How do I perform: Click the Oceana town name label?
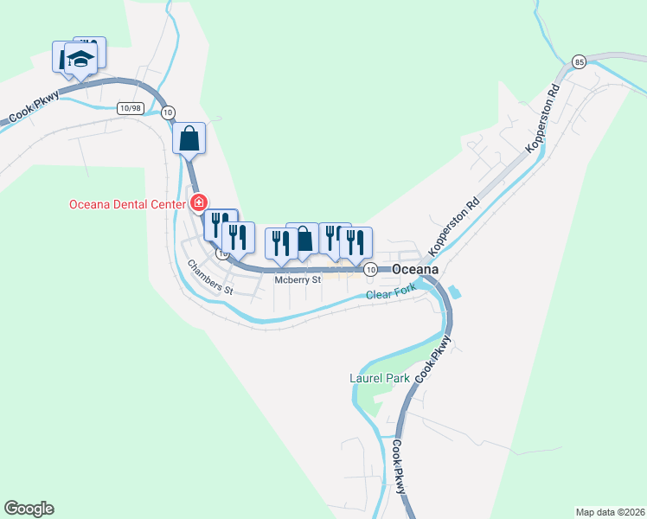click(x=415, y=270)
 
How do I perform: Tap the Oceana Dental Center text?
click(x=127, y=205)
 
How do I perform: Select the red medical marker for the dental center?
click(x=198, y=203)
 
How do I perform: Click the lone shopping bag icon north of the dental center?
click(x=189, y=138)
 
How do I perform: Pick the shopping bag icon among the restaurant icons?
click(x=304, y=239)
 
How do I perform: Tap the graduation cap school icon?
click(x=80, y=59)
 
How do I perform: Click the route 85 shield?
click(x=580, y=61)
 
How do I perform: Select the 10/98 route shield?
click(x=130, y=108)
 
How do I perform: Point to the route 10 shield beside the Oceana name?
click(x=370, y=270)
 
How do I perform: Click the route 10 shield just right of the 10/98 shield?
click(x=168, y=112)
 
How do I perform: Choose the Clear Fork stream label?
click(x=391, y=295)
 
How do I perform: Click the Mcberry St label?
click(x=298, y=280)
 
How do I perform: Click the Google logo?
click(x=29, y=509)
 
